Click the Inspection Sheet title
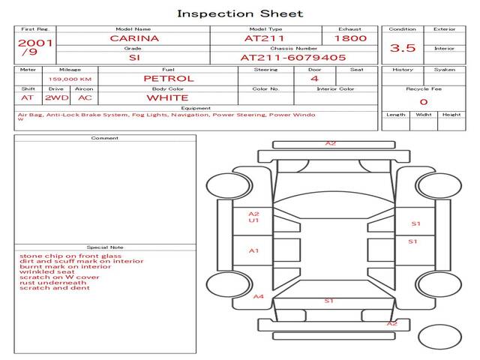(240, 13)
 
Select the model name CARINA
(134, 38)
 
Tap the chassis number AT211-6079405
(293, 58)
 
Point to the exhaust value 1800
(350, 38)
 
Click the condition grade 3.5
(403, 48)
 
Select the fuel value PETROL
(169, 79)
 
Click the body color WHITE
(168, 98)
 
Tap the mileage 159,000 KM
(70, 79)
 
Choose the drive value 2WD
(57, 98)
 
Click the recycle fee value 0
(424, 102)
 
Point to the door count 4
(314, 79)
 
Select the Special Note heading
(105, 247)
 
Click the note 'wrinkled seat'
(47, 271)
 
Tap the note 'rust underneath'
(53, 283)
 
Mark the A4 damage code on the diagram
(259, 296)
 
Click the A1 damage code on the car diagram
(253, 251)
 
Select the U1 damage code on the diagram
(253, 220)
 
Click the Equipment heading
(196, 108)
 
